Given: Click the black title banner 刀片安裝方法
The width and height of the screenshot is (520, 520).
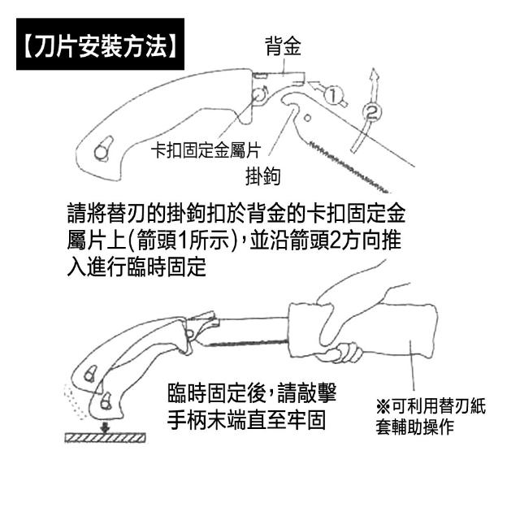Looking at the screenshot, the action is tap(100, 44).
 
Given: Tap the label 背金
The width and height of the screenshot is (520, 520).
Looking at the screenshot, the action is tap(283, 45).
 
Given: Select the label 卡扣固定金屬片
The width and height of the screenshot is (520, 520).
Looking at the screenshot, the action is tap(206, 150).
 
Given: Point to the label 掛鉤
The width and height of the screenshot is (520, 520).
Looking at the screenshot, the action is tap(263, 176).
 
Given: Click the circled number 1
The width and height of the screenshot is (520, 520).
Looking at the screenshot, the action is tap(332, 94).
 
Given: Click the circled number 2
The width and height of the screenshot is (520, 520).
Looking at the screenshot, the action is tap(372, 112).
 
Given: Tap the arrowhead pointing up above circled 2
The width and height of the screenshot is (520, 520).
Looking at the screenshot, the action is tap(375, 74).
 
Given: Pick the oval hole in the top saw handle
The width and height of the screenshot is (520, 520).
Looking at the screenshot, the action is tap(104, 149).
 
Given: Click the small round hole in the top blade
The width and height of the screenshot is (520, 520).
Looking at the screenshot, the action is tap(307, 118).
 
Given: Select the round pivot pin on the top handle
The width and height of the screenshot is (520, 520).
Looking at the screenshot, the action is tap(259, 95).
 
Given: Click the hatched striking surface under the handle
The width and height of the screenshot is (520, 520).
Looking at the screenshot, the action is tap(105, 438).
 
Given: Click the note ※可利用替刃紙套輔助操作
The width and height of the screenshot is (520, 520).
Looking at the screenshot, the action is tap(430, 417).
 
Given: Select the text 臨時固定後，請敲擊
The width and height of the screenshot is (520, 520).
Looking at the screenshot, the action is tap(253, 393).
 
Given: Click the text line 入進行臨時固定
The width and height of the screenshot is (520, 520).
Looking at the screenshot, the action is tap(136, 267).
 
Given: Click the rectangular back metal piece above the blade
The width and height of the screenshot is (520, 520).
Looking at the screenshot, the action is tap(279, 78).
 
